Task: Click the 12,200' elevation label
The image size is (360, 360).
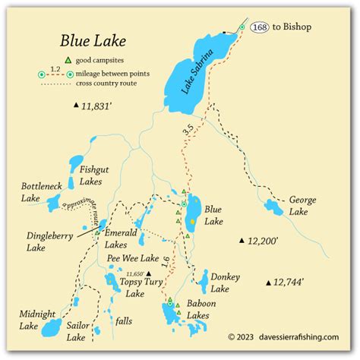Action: pyautogui.click(x=262, y=241)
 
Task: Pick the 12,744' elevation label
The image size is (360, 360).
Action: pyautogui.click(x=289, y=282)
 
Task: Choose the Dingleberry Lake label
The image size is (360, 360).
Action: pyautogui.click(x=49, y=241)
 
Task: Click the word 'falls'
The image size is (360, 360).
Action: pyautogui.click(x=124, y=321)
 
